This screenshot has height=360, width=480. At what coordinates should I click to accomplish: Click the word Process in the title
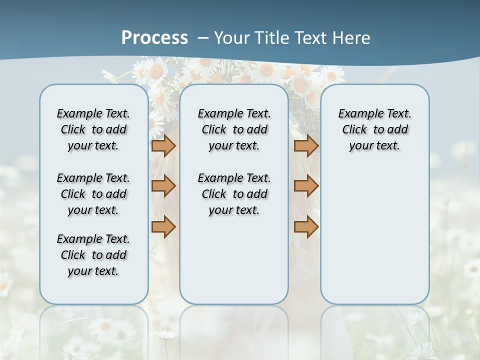[154, 37]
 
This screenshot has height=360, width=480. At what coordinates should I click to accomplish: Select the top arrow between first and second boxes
[163, 146]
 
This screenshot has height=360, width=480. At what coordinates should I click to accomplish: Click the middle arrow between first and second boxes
[163, 186]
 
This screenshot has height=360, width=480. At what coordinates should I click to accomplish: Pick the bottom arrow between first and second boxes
[163, 226]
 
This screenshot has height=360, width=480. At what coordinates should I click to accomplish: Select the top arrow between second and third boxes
[306, 146]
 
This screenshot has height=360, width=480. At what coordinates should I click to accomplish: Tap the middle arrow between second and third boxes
[306, 186]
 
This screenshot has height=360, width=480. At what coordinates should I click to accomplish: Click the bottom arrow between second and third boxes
[306, 226]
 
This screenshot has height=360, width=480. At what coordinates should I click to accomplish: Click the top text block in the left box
[93, 129]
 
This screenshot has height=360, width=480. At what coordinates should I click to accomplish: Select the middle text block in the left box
[93, 194]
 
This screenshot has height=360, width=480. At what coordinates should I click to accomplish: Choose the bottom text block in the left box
[93, 255]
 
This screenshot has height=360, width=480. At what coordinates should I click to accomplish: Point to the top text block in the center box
[234, 129]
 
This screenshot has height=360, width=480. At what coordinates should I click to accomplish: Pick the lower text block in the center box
[234, 194]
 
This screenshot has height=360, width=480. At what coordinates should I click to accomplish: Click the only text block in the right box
[374, 129]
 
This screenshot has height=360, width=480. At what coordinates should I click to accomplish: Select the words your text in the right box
[374, 146]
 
